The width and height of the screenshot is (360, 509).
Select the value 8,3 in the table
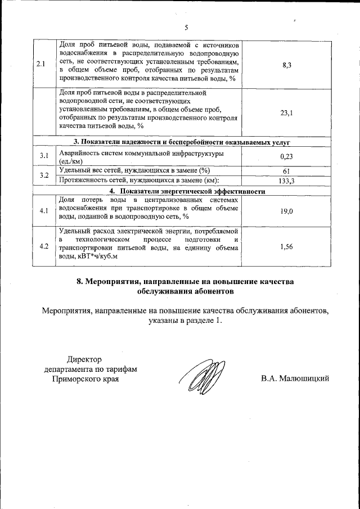[x=286, y=65]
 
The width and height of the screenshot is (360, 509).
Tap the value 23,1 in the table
[x=286, y=112]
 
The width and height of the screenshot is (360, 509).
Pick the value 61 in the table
[x=286, y=171]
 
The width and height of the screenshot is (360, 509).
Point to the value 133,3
[x=286, y=181]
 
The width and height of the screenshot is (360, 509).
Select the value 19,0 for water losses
[x=286, y=211]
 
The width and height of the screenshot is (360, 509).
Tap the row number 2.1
[x=40, y=64]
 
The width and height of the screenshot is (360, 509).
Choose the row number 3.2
[x=44, y=175]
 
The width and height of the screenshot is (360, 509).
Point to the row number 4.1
[x=44, y=211]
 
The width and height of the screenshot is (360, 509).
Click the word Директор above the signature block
[x=85, y=359]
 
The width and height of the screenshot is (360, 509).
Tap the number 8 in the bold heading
[x=80, y=281]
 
